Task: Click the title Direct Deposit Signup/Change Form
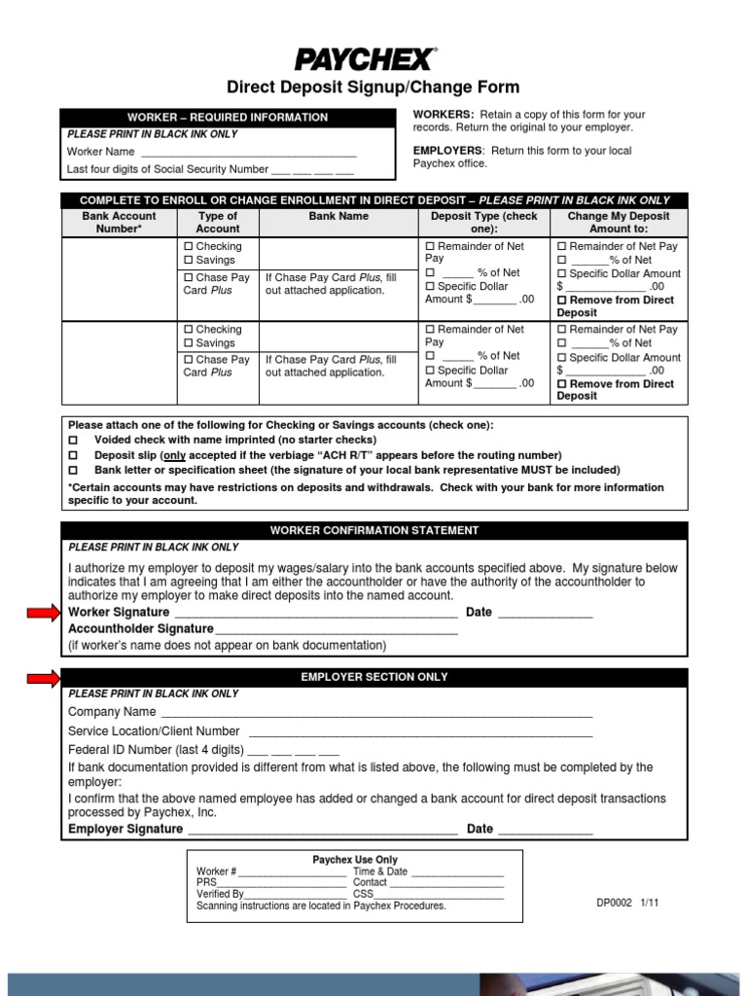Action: pos(373,88)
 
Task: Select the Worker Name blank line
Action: pos(248,153)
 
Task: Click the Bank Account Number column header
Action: pos(119,222)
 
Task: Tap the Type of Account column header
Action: pos(218,222)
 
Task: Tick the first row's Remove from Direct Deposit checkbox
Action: pos(561,302)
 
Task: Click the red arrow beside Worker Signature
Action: pos(43,612)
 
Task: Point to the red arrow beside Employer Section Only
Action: pos(43,677)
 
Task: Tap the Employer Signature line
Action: pos(322,831)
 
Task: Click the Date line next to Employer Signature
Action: pos(545,831)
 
